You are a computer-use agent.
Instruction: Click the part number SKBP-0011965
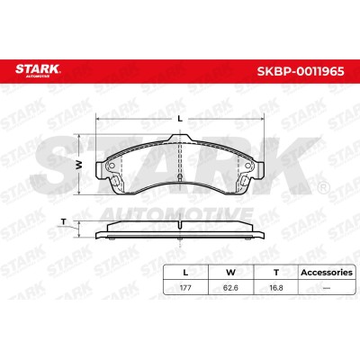click(301, 71)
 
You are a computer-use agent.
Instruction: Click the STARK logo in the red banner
click(38, 70)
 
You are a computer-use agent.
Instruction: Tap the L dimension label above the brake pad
click(180, 119)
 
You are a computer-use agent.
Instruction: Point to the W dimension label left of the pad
click(78, 164)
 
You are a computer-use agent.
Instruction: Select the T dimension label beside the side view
click(63, 221)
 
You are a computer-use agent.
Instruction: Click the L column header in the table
click(185, 273)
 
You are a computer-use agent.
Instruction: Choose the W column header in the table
click(230, 273)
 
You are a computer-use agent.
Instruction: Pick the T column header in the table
click(276, 273)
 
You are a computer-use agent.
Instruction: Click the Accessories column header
click(327, 273)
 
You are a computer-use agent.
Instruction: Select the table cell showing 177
click(185, 288)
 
